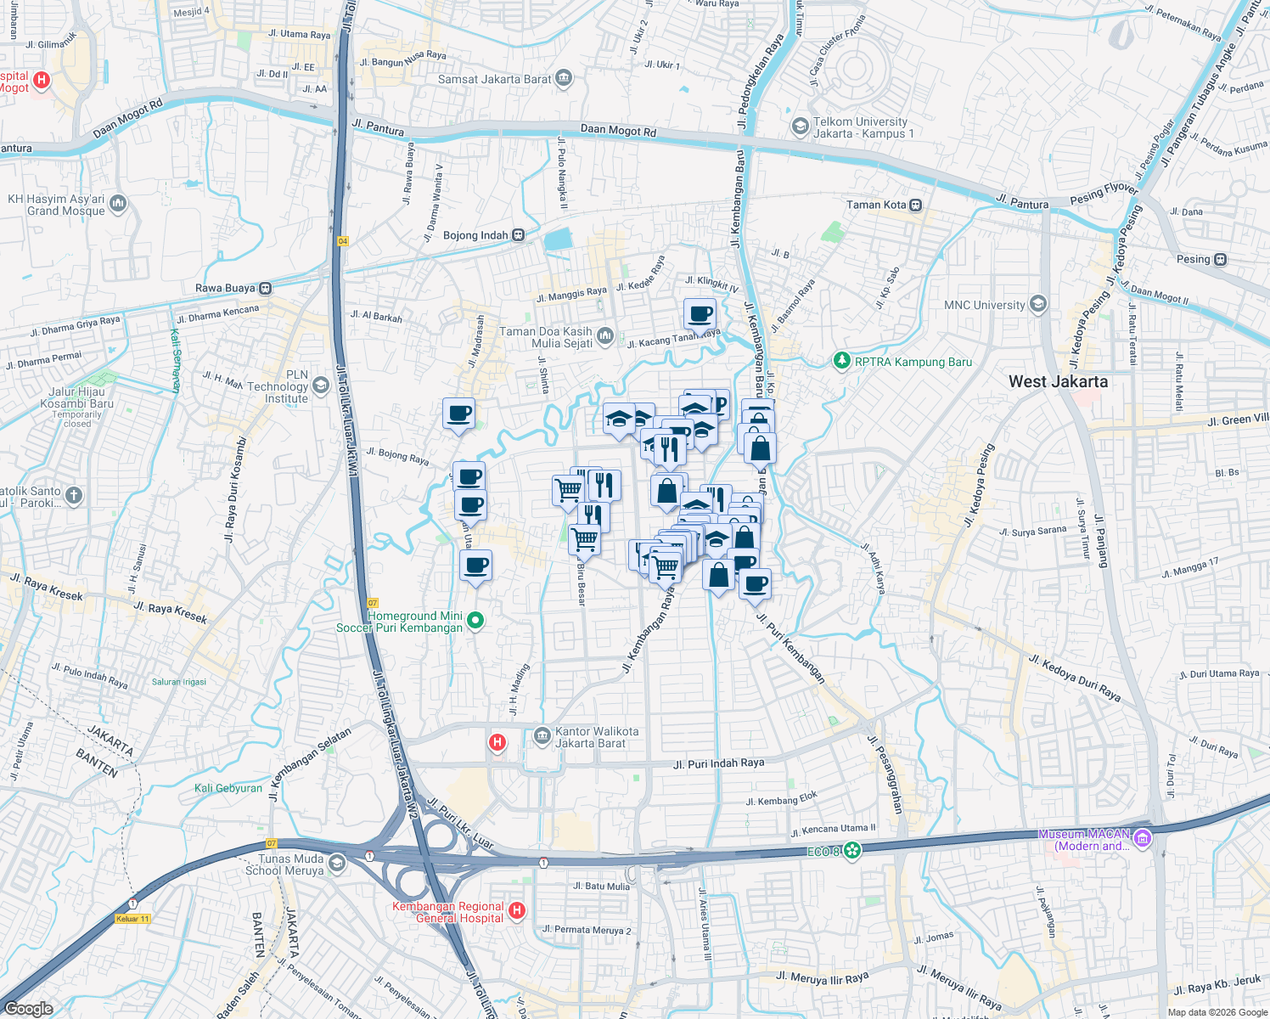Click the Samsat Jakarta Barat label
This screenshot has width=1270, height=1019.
click(x=495, y=79)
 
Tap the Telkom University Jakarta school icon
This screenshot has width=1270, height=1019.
click(x=800, y=127)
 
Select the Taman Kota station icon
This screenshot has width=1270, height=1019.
click(x=915, y=205)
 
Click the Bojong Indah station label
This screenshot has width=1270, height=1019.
click(x=475, y=235)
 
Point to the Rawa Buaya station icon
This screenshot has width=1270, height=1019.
click(x=266, y=288)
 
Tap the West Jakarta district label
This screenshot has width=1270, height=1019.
click(x=1058, y=381)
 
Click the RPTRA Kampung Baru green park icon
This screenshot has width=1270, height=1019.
click(x=841, y=362)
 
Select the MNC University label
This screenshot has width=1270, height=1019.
click(x=985, y=305)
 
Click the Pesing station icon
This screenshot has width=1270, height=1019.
click(x=1220, y=259)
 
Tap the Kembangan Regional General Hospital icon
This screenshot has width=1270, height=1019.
click(x=517, y=911)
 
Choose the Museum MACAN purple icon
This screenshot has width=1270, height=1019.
click(x=1142, y=839)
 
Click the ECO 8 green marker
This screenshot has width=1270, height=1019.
click(x=852, y=851)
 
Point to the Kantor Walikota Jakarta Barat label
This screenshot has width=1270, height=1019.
click(x=596, y=737)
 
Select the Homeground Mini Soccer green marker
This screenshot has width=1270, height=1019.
click(x=475, y=621)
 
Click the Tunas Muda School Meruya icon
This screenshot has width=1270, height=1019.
click(x=336, y=864)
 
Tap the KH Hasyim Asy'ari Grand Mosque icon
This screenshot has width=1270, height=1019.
click(x=118, y=204)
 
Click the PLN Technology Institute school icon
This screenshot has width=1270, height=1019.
click(x=320, y=386)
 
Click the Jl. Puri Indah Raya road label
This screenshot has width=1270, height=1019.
click(x=718, y=763)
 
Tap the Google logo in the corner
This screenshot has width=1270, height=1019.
click(x=29, y=1008)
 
